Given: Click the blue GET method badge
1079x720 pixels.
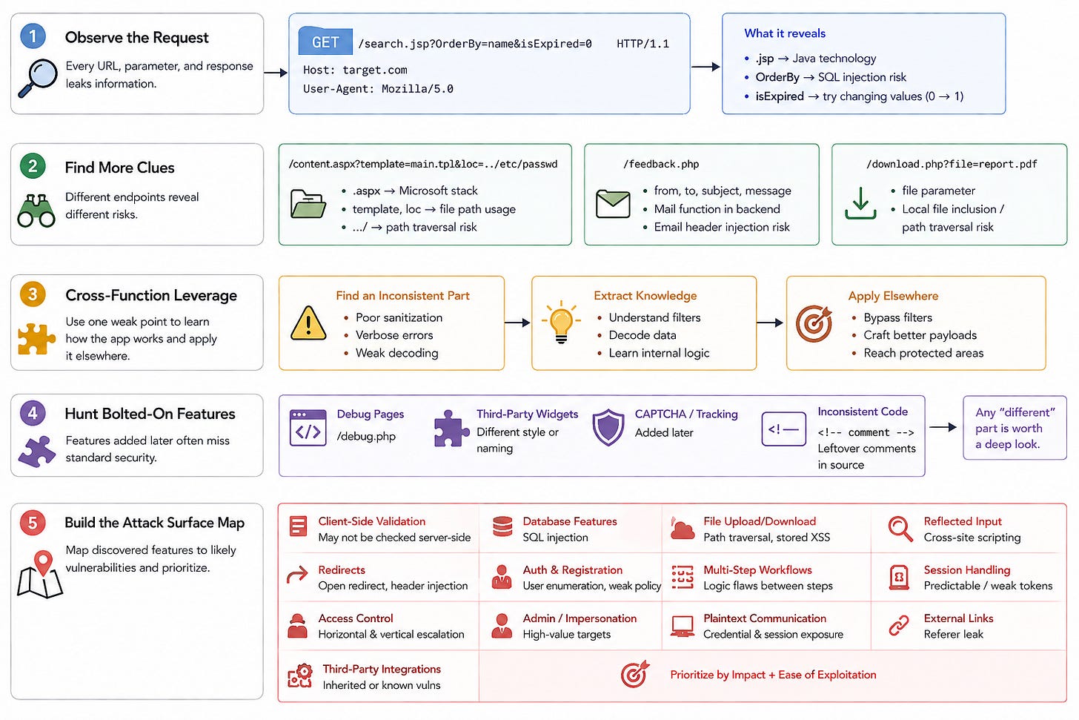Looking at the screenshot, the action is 325,42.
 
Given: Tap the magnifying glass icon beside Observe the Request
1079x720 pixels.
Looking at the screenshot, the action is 38,78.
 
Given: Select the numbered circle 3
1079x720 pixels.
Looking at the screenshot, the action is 33,294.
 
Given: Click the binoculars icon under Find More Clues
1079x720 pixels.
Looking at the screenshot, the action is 36,211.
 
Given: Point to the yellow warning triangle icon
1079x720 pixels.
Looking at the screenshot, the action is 308,323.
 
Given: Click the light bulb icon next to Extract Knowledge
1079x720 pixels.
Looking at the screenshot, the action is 561,322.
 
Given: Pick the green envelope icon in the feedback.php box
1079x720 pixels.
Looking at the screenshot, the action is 613,204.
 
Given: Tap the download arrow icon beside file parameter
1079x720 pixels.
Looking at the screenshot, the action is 860,203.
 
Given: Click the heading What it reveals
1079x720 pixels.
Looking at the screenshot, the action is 785,33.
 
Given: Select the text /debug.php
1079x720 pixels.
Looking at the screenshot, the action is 366,436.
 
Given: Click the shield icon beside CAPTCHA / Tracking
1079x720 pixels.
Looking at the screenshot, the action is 608,427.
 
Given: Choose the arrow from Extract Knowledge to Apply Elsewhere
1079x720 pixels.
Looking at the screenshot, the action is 770,323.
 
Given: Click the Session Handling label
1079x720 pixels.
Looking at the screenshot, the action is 967,569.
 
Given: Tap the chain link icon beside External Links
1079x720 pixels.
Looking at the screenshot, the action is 899,625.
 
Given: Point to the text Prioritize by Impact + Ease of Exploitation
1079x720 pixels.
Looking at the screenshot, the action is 773,674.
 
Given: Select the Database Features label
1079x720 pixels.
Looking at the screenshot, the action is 570,521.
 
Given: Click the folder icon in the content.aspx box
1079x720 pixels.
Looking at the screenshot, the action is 308,204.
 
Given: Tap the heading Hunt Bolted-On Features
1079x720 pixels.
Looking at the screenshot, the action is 150,414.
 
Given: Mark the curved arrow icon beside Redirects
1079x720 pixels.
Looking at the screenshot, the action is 297,575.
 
